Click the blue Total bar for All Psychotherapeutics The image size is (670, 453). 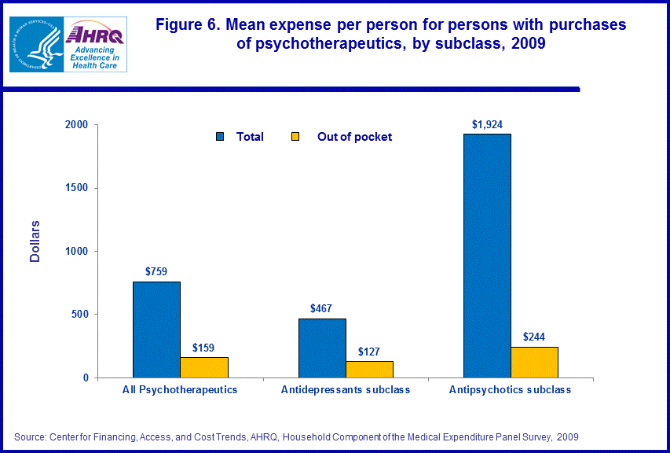pos(156,330)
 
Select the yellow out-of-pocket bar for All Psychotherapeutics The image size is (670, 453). pos(203,367)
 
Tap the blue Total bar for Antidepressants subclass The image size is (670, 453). pos(322,348)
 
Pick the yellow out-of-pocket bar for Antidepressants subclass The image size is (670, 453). pos(369,369)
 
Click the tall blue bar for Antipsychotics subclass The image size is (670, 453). pos(487,256)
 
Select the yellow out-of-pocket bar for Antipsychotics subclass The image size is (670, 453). pos(534,362)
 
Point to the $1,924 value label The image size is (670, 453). pos(487,124)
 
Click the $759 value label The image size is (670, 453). pos(156,271)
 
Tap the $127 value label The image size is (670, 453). pos(369,352)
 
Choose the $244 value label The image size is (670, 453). pos(534,337)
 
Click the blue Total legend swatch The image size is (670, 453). pos(220,137)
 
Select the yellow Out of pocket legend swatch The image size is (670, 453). pos(296,137)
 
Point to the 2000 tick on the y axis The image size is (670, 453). pos(76,125)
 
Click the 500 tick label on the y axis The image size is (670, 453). pos(79,315)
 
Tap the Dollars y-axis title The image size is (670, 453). pos(35,241)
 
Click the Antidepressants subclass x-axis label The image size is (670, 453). pos(346,390)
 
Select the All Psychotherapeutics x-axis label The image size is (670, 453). pos(180,390)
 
